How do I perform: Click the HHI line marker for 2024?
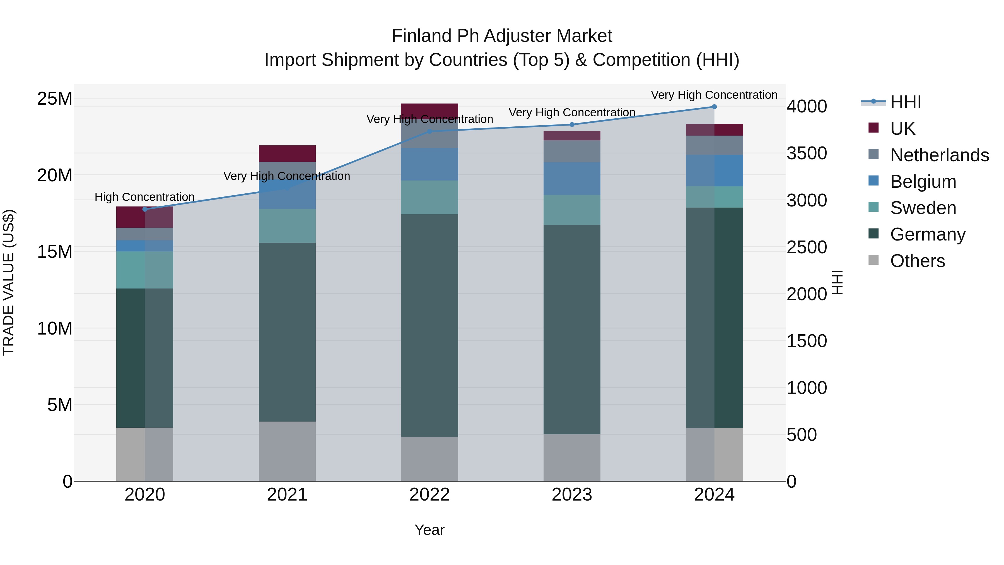tap(714, 107)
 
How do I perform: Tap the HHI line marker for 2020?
tap(145, 209)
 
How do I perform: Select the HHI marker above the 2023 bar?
tap(572, 125)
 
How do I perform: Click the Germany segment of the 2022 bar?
tap(429, 326)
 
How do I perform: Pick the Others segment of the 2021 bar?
tap(287, 451)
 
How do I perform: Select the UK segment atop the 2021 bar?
tap(287, 154)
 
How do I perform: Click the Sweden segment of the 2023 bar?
tap(572, 210)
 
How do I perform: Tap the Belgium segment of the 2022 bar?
tap(429, 164)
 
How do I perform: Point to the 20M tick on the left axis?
tap(55, 175)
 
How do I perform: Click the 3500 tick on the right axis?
tap(806, 153)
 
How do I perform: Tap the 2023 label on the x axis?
tap(572, 495)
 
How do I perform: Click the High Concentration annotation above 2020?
tap(144, 197)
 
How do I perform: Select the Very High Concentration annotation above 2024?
tap(714, 95)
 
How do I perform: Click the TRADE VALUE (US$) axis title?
tap(9, 282)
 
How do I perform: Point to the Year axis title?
tap(429, 530)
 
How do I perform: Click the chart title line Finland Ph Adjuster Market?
tap(502, 36)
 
